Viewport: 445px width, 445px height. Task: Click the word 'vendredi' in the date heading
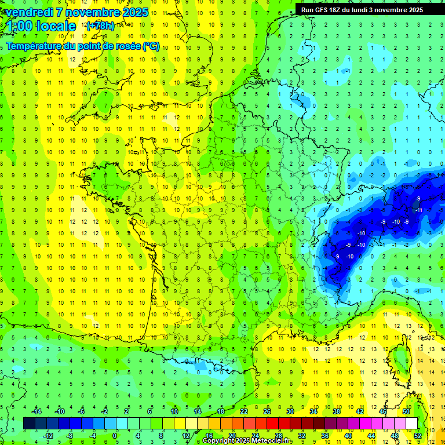coord(28,12)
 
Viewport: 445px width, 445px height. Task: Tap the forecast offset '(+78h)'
coord(100,25)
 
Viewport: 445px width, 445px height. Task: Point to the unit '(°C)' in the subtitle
coord(151,46)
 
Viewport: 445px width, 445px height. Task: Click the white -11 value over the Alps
coord(418,210)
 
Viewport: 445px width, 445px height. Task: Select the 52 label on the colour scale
coord(418,435)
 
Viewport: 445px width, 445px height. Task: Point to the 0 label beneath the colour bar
coord(115,435)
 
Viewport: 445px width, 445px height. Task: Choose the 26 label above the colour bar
coord(267,411)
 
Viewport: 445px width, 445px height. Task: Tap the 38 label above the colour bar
coord(337,411)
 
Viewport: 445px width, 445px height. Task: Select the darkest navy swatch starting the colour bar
coord(29,424)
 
